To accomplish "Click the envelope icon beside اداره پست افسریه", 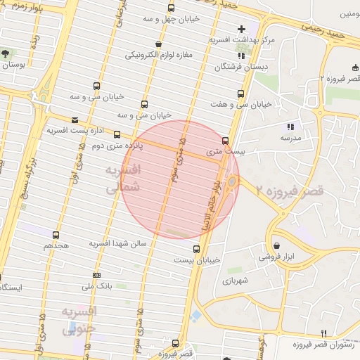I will tap(75, 120).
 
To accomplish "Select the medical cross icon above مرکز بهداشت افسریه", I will tap(242, 29).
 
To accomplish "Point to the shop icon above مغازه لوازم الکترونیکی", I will tap(159, 44).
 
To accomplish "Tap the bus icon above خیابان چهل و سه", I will tap(171, 8).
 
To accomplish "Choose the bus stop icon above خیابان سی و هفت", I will tap(241, 93).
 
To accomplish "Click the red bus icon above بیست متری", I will tap(225, 140).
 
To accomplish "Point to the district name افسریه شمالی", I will tap(123, 179).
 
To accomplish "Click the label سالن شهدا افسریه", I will tap(117, 243).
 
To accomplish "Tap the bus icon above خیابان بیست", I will tap(196, 249).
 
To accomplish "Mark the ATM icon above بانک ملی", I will tap(96, 275).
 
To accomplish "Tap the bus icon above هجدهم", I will tap(56, 236).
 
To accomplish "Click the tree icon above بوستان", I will tap(6, 53).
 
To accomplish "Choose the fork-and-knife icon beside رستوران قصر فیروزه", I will tap(323, 333).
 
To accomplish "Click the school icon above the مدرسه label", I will tap(290, 127).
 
